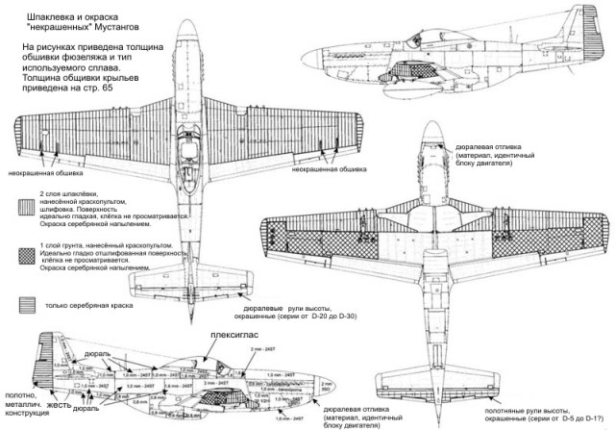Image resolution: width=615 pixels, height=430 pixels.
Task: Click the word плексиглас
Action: (x=236, y=337)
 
